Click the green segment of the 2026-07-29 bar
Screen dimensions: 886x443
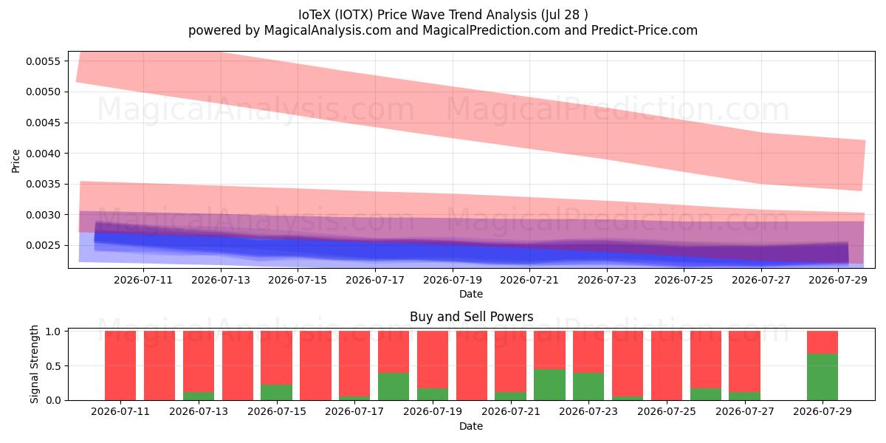click(x=823, y=377)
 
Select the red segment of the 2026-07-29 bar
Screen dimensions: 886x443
click(x=823, y=342)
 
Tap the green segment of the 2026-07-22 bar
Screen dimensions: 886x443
click(x=549, y=385)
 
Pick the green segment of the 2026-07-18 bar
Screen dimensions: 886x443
click(x=393, y=386)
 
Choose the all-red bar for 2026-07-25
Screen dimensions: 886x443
click(x=667, y=365)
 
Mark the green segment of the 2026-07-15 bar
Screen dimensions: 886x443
click(x=276, y=392)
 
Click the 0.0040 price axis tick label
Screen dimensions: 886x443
click(x=44, y=154)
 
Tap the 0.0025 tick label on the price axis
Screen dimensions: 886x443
click(x=44, y=246)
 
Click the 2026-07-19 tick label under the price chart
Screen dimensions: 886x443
click(x=453, y=280)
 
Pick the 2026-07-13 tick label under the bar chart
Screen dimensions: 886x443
click(x=199, y=411)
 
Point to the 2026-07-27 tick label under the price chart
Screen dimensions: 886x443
click(x=761, y=280)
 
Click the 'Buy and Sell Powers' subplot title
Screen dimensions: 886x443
click(x=472, y=317)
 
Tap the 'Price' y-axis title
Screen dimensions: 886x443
click(x=16, y=161)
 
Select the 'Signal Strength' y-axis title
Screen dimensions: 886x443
click(x=35, y=364)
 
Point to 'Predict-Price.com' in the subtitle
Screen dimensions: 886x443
click(x=645, y=30)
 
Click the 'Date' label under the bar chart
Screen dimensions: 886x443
click(x=471, y=426)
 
